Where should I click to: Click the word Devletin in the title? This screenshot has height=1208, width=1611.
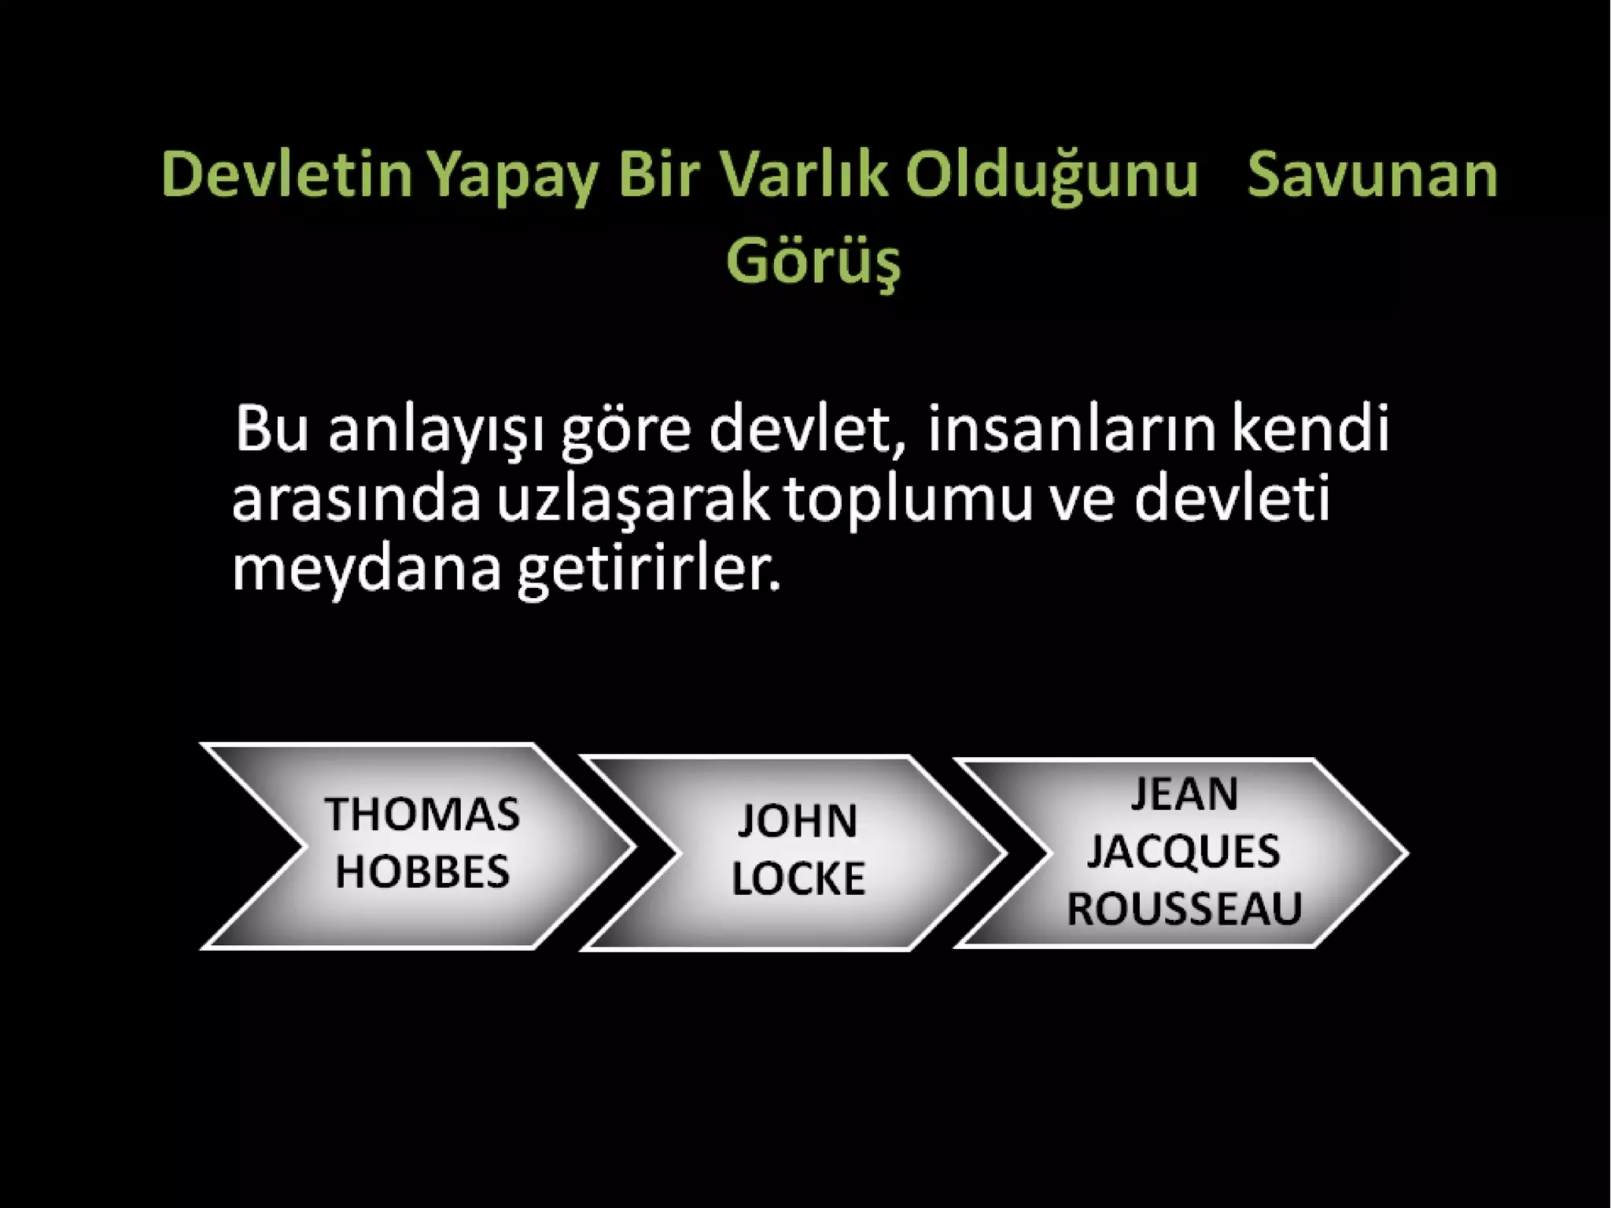[286, 175]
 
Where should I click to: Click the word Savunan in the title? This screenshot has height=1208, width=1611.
[1372, 175]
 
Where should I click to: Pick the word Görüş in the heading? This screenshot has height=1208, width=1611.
[813, 261]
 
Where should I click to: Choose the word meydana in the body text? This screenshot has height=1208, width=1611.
[367, 570]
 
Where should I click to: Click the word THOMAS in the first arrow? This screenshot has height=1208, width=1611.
[422, 814]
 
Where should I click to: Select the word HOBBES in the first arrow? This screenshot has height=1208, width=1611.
[422, 872]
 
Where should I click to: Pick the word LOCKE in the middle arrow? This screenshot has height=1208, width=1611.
[798, 878]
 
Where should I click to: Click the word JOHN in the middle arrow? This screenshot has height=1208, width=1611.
[798, 821]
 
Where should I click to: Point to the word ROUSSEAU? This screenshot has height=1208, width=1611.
[1184, 909]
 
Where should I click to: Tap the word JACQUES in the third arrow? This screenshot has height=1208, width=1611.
[1184, 851]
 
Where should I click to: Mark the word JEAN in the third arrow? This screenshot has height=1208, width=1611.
[1185, 793]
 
